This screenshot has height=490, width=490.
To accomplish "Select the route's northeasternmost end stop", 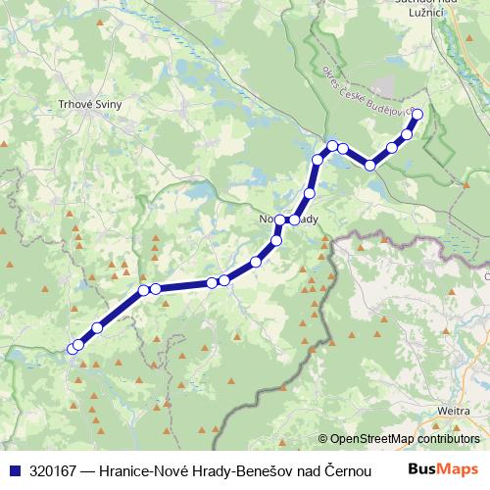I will [x=417, y=115].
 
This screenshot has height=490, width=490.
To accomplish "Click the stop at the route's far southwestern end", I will [x=72, y=349].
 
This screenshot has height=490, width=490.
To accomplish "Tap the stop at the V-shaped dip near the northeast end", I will [x=370, y=166].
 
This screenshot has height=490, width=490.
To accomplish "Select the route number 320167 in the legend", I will [x=57, y=469].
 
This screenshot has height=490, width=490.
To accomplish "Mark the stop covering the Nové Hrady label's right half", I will [x=293, y=220].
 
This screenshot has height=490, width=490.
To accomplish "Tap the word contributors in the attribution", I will [x=441, y=439].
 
